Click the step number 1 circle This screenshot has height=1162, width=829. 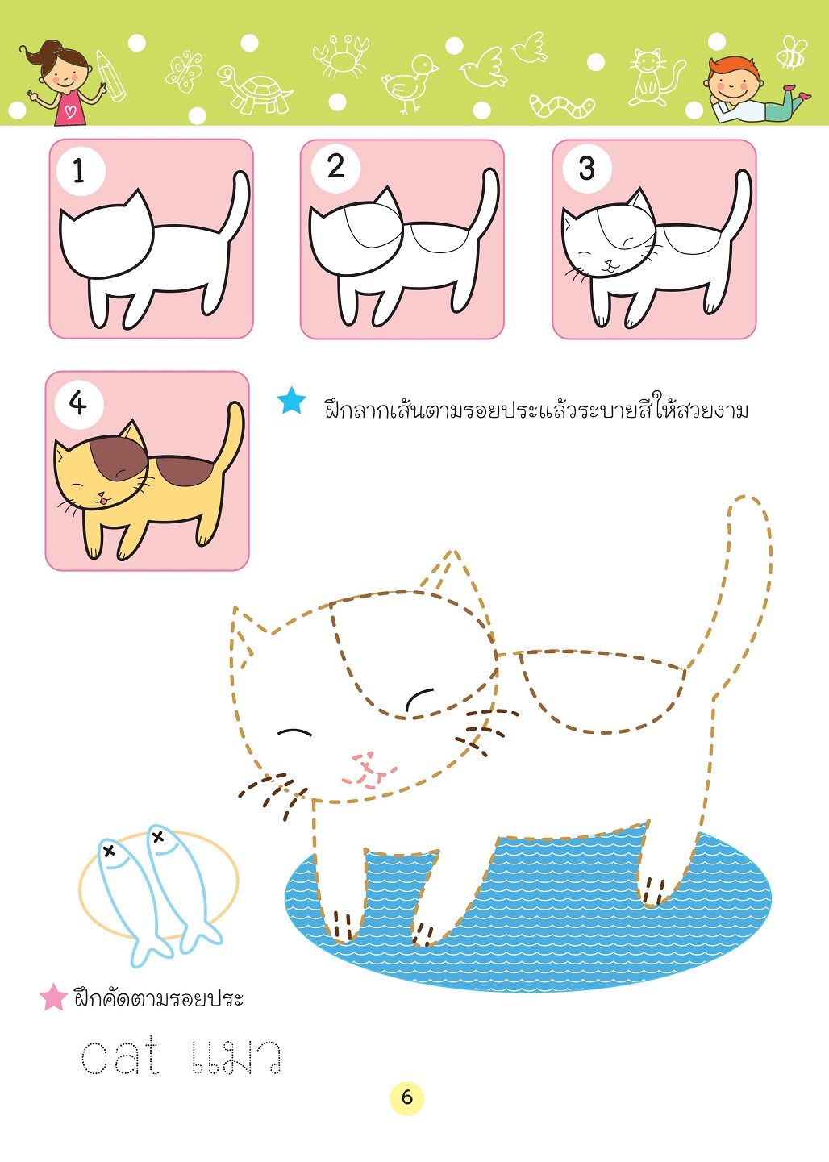(x=81, y=171)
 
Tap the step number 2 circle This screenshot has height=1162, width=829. (x=335, y=167)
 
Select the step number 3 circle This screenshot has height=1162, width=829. (x=587, y=168)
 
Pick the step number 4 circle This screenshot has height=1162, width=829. (x=79, y=403)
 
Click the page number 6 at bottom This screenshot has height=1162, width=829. (x=406, y=1097)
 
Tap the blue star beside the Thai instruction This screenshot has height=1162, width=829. (x=292, y=401)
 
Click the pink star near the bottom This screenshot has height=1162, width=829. (x=53, y=997)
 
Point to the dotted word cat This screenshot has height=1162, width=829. (x=120, y=1055)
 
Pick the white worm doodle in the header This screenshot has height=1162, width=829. (x=562, y=106)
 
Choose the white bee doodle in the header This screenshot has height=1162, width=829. (x=792, y=52)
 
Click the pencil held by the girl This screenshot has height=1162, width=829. (x=110, y=76)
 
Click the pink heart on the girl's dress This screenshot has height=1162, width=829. (x=71, y=111)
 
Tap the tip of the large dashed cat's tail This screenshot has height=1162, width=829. (x=748, y=497)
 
